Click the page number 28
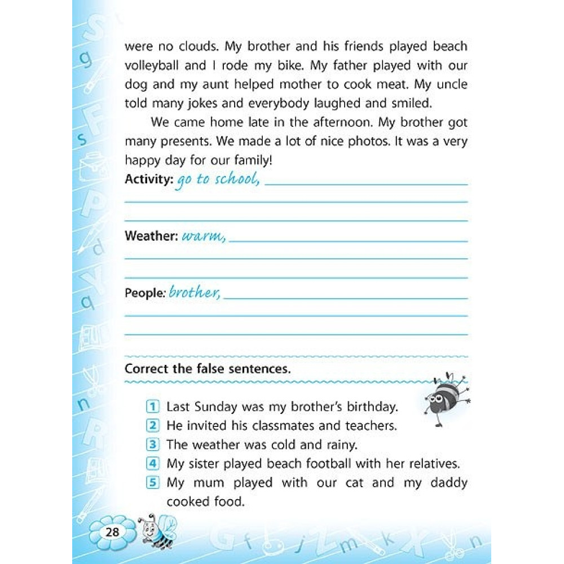pos(112,531)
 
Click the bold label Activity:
pos(149,180)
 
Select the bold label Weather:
pos(151,236)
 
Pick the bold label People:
pos(145,293)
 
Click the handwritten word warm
pos(202,236)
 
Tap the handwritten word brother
pos(193,293)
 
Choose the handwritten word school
pos(235,180)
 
